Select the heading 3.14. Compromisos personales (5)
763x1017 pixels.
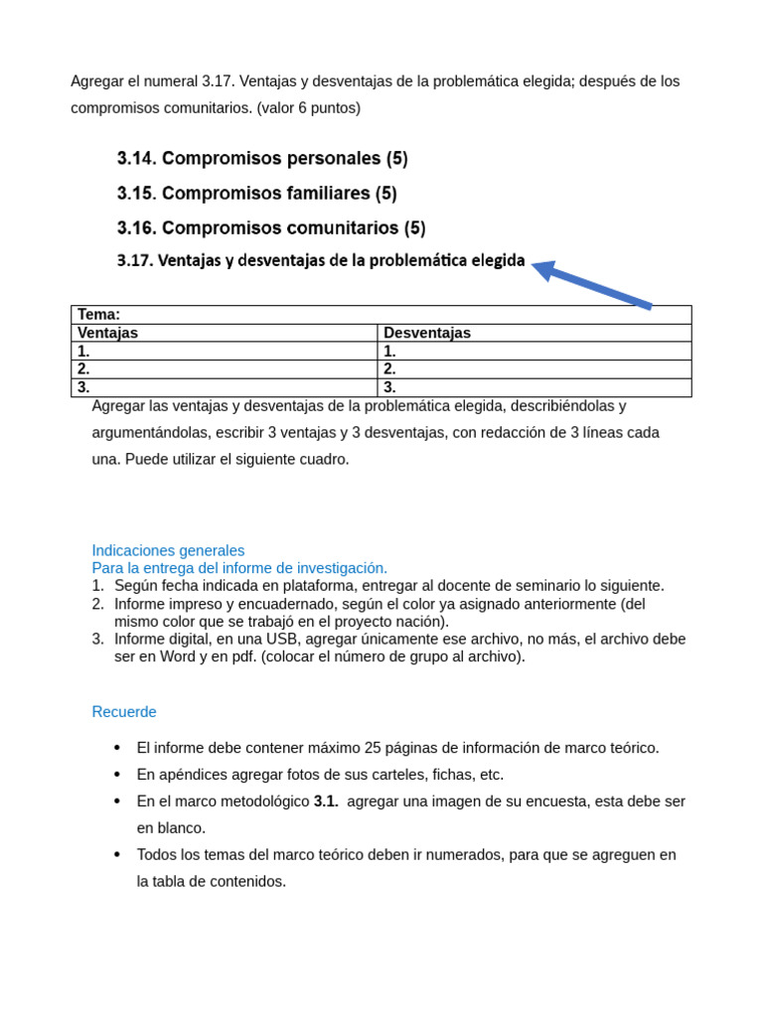click(x=262, y=158)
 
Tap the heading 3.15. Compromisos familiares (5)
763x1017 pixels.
click(x=256, y=193)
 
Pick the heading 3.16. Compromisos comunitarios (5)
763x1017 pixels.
click(x=271, y=227)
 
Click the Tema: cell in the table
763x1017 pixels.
click(x=99, y=314)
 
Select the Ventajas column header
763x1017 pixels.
click(x=107, y=333)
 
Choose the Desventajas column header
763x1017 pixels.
click(x=427, y=333)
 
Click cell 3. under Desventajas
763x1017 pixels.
click(x=390, y=387)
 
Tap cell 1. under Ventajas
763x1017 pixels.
click(x=84, y=351)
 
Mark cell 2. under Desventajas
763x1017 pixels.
click(x=390, y=368)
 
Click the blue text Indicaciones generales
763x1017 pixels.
click(x=168, y=550)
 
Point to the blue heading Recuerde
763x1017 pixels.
click(x=124, y=712)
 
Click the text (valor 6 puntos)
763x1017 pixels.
click(x=308, y=107)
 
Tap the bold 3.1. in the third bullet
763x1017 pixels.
click(x=326, y=801)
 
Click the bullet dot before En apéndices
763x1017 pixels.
click(x=117, y=775)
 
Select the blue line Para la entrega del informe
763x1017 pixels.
click(x=239, y=568)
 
